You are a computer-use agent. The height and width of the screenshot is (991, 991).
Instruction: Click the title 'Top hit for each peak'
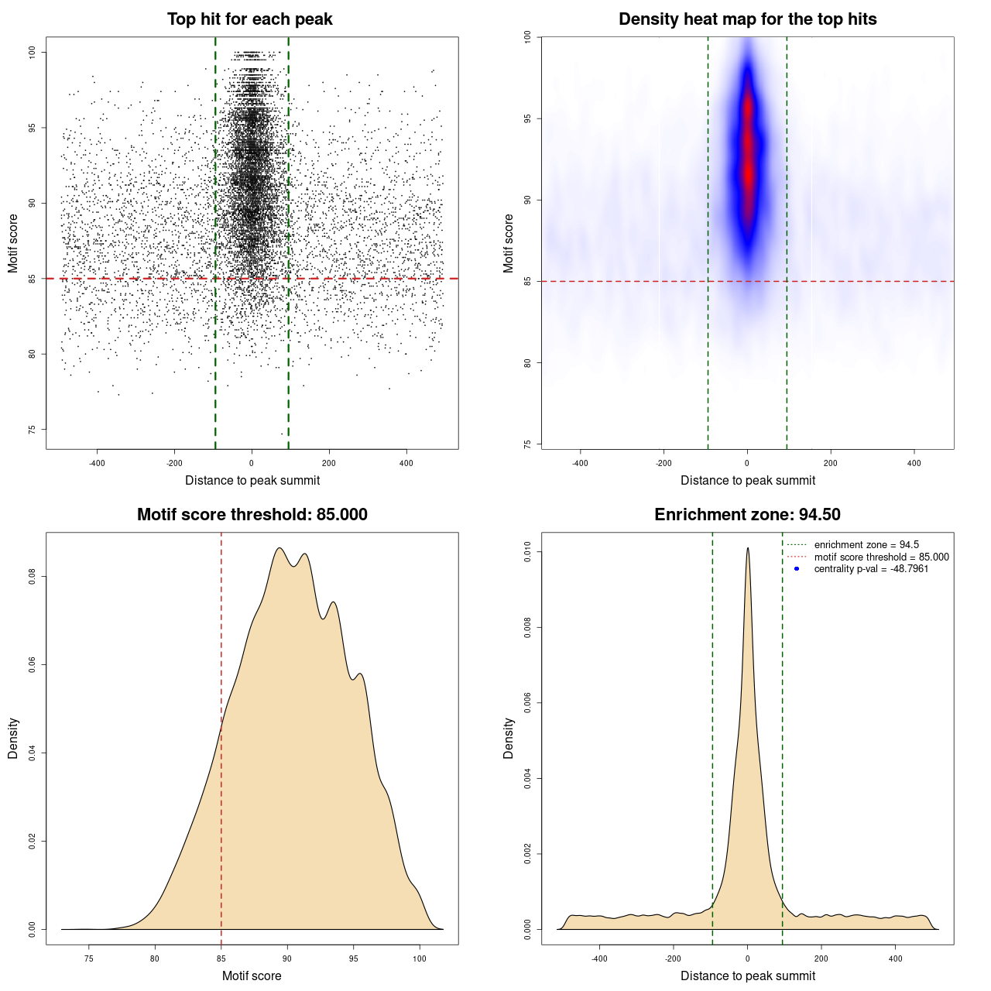[250, 19]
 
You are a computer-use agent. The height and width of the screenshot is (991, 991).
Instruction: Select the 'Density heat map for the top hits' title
[747, 19]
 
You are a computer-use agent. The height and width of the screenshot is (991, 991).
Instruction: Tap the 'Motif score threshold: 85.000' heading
[252, 515]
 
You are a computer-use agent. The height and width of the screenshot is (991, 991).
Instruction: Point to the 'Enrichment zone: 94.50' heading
[747, 515]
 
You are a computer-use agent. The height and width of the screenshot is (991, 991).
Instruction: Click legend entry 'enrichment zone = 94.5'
[866, 545]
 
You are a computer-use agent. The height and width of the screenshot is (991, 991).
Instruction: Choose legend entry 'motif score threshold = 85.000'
[881, 557]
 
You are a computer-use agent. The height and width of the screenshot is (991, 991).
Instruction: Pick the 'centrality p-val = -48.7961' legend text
[871, 569]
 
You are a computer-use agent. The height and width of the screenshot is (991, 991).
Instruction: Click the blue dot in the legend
[797, 569]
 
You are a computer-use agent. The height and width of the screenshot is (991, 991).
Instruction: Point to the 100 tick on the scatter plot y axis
[33, 52]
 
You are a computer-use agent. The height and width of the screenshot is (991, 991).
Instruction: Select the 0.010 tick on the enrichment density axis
[528, 552]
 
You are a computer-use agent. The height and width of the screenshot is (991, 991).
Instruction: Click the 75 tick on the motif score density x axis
[89, 958]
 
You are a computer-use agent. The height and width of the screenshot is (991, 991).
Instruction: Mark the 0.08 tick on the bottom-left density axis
[33, 577]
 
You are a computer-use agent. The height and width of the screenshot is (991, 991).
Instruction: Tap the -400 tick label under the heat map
[580, 463]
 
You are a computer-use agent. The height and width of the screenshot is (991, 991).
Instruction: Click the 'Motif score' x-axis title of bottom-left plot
[252, 976]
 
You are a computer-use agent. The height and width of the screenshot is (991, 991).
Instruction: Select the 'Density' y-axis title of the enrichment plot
[509, 738]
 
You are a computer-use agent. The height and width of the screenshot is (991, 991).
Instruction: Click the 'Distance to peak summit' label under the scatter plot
[252, 480]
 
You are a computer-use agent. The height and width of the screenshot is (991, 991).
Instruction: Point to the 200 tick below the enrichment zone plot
[821, 958]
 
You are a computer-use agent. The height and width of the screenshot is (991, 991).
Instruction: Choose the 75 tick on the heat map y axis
[528, 444]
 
